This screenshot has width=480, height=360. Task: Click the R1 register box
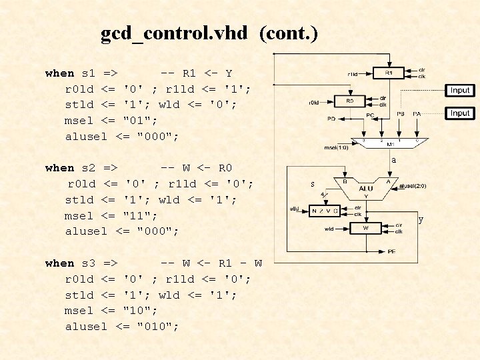(x=389, y=72)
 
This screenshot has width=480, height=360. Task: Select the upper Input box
(x=460, y=90)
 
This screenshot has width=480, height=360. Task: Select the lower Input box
(x=460, y=113)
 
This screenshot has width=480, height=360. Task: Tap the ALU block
(x=366, y=189)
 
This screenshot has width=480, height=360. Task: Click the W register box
(x=365, y=228)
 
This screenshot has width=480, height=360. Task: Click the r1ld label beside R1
(x=353, y=73)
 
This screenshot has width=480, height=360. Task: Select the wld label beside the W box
(x=329, y=228)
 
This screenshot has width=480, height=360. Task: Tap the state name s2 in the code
(x=89, y=168)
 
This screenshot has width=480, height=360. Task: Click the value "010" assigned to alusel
(x=157, y=326)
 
